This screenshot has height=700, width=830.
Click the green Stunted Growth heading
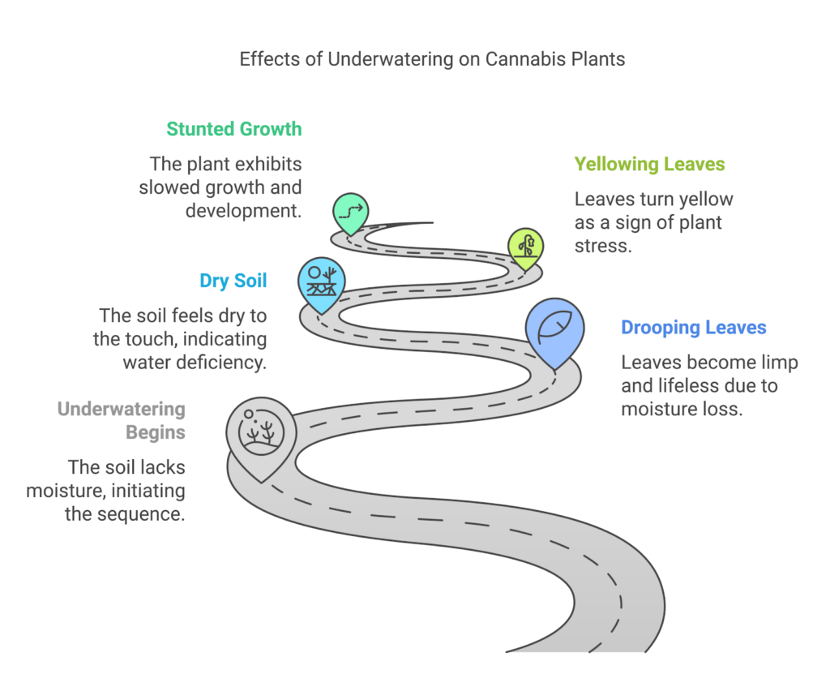[233, 129]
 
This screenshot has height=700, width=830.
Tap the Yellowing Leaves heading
[649, 164]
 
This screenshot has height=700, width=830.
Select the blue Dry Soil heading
[233, 281]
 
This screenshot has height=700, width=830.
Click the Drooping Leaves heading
[694, 328]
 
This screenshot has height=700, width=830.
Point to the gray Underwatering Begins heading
[121, 420]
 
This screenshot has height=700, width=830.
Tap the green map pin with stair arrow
[350, 211]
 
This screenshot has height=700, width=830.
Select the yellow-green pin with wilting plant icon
[525, 246]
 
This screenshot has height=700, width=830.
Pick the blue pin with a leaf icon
[554, 329]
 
